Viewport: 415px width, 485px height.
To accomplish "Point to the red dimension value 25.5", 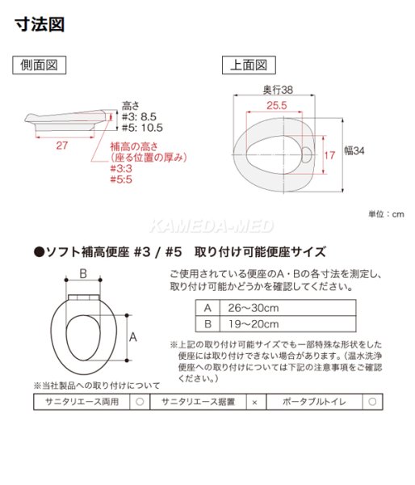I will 275,105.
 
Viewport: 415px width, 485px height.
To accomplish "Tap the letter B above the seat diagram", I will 82,274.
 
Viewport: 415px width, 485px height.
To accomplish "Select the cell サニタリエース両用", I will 81,401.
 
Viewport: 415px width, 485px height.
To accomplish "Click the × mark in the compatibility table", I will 255,401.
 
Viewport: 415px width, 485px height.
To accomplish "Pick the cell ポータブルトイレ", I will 315,401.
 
